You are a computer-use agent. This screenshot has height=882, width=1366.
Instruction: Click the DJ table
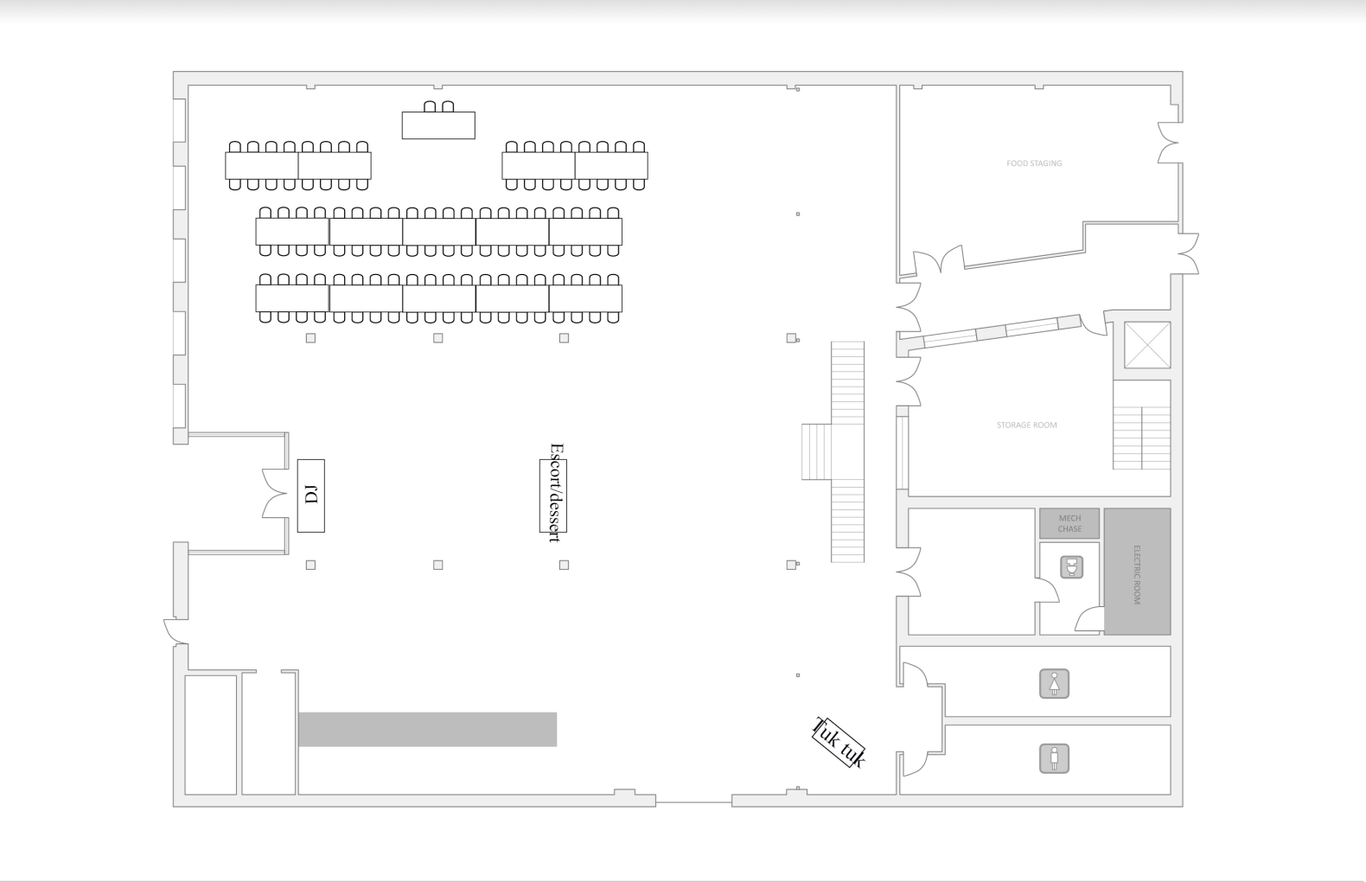[x=310, y=495]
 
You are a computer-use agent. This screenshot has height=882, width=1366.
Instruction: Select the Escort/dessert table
[x=553, y=495]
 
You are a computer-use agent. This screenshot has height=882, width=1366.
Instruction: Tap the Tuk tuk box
[x=839, y=743]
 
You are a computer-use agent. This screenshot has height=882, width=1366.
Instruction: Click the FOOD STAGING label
[x=1034, y=163]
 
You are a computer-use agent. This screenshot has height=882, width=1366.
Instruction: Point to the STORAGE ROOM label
[x=1026, y=425]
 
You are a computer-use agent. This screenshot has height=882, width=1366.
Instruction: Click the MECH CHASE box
[x=1069, y=523]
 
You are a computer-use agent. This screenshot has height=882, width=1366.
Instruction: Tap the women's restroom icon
[x=1054, y=684]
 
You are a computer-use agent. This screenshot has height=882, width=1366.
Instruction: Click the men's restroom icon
[x=1054, y=759]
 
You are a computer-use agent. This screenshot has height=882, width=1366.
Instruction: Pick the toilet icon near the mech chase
[x=1072, y=567]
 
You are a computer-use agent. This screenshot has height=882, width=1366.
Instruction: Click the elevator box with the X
[x=1147, y=345]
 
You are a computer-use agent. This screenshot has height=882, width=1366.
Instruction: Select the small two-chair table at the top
[x=438, y=125]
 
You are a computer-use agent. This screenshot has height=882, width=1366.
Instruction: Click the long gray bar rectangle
[x=427, y=729]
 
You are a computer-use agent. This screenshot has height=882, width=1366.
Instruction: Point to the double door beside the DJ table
[x=276, y=495]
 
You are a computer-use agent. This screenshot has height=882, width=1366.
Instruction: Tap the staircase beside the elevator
[x=1141, y=425]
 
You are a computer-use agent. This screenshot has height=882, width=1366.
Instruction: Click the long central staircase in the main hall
[x=847, y=451]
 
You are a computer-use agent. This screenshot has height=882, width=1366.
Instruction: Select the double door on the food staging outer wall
[x=1170, y=144]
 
